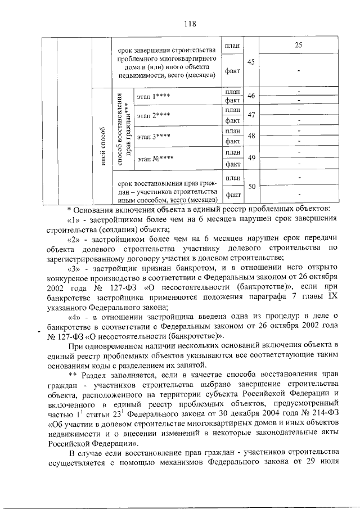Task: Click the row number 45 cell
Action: coord(251,61)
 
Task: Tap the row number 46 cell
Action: coord(251,96)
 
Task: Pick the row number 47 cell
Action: coord(251,115)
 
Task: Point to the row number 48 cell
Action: coord(251,136)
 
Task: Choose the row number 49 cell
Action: coord(251,158)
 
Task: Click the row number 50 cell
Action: coord(251,186)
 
